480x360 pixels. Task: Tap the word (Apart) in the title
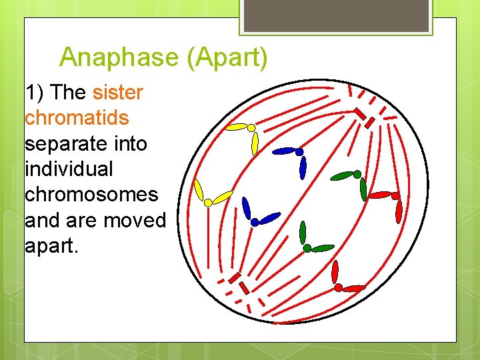click(227, 58)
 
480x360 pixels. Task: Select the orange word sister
click(118, 92)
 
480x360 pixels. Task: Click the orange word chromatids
click(77, 118)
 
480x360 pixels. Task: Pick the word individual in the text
click(69, 169)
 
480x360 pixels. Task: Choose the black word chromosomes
click(91, 195)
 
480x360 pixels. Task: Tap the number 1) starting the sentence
click(35, 92)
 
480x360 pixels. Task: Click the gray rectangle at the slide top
click(336, 15)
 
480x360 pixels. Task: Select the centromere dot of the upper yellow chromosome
click(251, 127)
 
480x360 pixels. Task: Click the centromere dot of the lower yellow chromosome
click(208, 202)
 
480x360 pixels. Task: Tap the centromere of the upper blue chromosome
click(299, 152)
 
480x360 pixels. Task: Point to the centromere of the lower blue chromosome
click(255, 223)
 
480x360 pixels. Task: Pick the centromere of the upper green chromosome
click(357, 174)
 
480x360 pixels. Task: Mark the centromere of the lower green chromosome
click(307, 248)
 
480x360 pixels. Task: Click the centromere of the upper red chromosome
click(395, 196)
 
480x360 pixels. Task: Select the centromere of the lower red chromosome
click(338, 287)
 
